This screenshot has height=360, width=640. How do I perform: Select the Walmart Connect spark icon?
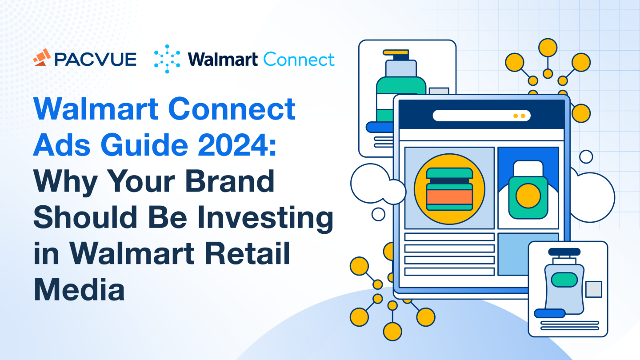(x=167, y=59)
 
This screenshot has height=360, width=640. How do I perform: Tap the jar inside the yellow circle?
(x=449, y=189)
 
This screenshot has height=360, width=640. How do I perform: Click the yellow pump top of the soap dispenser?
(x=396, y=52)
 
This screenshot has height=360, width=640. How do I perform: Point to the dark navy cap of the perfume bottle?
(x=564, y=252)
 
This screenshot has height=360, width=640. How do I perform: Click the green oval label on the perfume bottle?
(x=564, y=280)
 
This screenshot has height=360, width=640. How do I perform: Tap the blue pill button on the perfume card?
(x=549, y=313)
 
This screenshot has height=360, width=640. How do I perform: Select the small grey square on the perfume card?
(x=593, y=289)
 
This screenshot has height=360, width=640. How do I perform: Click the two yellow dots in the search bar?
(x=519, y=116)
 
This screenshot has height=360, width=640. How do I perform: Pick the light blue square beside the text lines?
(x=528, y=254)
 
